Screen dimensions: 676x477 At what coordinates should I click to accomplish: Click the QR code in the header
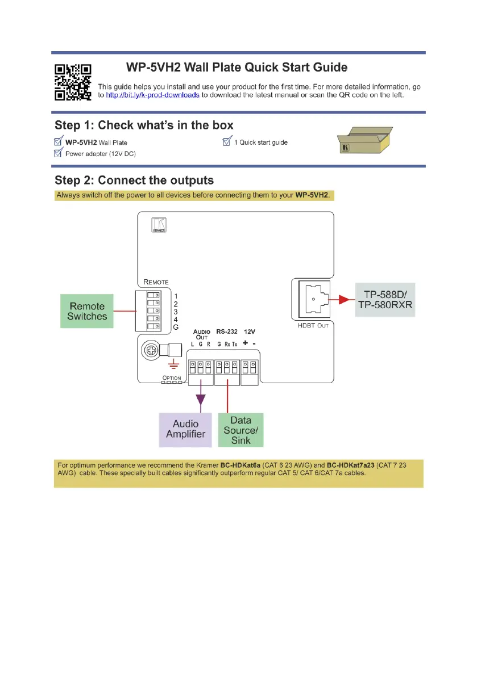coord(72,82)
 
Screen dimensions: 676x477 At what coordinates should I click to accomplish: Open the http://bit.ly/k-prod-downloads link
coord(152,95)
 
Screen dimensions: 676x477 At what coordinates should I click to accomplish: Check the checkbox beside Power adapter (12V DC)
coord(58,153)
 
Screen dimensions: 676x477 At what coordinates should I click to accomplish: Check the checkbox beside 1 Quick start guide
coord(227,142)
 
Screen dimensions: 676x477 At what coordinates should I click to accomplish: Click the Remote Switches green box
coord(87,311)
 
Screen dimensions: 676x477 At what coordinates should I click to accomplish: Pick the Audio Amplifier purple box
coord(186,429)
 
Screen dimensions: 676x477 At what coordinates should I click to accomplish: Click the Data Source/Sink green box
coord(241,429)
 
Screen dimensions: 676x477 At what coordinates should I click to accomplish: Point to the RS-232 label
coord(226,331)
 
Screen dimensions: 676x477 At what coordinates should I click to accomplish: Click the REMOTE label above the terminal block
coord(156,282)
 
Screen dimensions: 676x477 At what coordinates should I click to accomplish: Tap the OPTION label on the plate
coord(172,377)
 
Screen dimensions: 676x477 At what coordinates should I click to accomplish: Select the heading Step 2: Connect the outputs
coord(134,180)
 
